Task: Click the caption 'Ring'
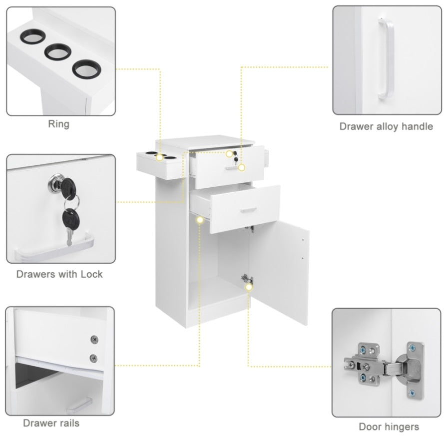point(59,124)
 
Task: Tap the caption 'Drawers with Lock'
point(59,274)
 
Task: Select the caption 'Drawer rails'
point(51,423)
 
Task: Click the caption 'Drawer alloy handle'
point(386,126)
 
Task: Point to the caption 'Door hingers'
point(389,427)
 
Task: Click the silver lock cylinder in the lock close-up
point(55,182)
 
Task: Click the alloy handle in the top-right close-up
point(386,59)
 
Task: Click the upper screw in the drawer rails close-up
point(94,340)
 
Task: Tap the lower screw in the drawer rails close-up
point(93,358)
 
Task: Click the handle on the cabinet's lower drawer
point(248,210)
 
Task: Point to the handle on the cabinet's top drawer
point(232,168)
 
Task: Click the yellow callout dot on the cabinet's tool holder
point(160,157)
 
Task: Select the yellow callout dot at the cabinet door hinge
point(249,287)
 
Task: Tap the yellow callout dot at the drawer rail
point(200,220)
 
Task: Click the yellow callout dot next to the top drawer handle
point(241,168)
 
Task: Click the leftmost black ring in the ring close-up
point(32,36)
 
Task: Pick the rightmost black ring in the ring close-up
point(87,69)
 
